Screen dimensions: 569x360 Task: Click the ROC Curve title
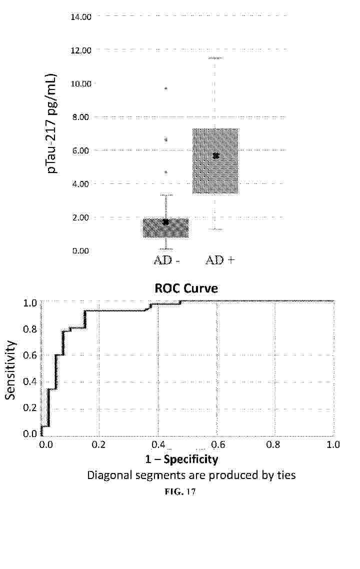(186, 288)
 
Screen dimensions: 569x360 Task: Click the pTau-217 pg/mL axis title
(52, 124)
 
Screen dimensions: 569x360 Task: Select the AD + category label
(220, 260)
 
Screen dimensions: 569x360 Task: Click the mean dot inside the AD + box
(216, 156)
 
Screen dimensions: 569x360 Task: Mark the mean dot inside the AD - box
(165, 221)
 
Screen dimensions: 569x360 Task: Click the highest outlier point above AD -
(166, 88)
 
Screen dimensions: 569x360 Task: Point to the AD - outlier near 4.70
(166, 172)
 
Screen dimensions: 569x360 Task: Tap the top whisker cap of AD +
(215, 58)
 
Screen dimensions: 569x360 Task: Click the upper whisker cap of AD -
(165, 195)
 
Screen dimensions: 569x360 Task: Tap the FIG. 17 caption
(180, 492)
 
